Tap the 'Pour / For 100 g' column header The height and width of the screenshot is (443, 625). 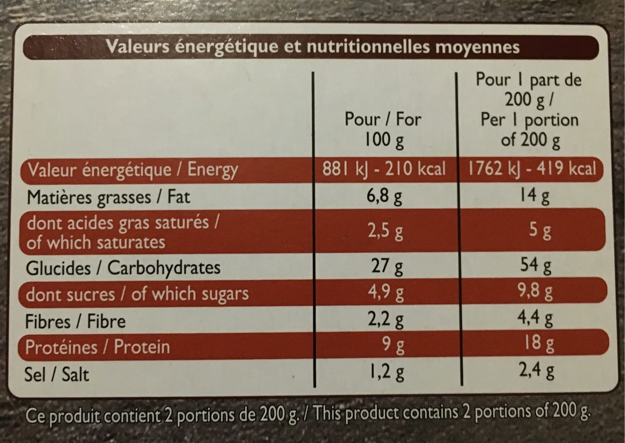pos(383,129)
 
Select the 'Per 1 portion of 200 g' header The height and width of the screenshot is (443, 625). pos(530,130)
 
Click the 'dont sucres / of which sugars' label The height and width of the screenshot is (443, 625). pos(137,294)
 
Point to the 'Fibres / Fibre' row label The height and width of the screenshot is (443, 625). pos(75,322)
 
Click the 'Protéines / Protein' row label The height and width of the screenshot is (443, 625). pos(97,347)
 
